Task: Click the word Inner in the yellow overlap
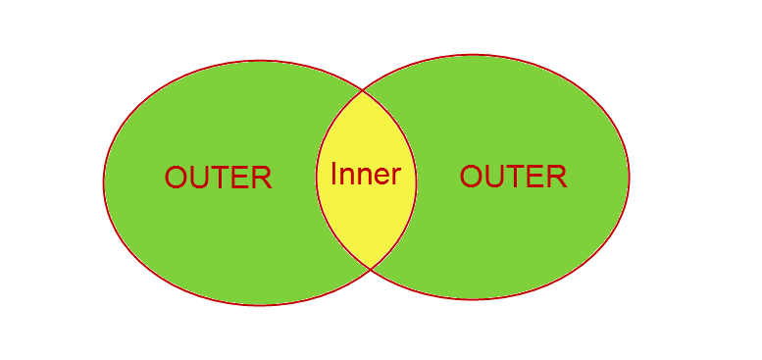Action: click(x=366, y=175)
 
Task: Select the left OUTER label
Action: click(x=218, y=178)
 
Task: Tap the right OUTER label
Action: click(x=513, y=177)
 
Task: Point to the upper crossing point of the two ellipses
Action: click(x=363, y=90)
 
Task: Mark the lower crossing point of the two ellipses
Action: click(x=370, y=268)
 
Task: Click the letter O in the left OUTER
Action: click(x=177, y=178)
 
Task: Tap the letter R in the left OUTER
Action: click(x=261, y=178)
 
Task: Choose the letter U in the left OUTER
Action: click(x=199, y=178)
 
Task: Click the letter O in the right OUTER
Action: click(x=472, y=177)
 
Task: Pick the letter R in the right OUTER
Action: click(x=556, y=177)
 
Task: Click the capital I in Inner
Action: click(x=334, y=175)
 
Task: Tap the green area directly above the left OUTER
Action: click(x=218, y=118)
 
